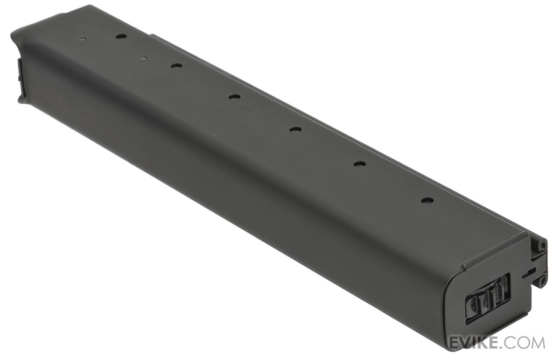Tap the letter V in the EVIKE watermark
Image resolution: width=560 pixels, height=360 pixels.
click(464, 342)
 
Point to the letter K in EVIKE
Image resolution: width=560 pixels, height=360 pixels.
click(480, 342)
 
